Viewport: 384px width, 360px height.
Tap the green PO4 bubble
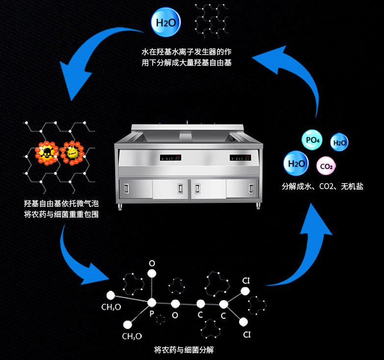click(x=313, y=140)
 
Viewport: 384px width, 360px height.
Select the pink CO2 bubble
click(x=327, y=166)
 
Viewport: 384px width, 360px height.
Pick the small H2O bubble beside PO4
click(x=339, y=143)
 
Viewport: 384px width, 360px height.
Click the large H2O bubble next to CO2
click(x=297, y=164)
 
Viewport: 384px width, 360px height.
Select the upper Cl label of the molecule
click(x=247, y=281)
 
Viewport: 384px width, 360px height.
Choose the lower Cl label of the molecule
click(x=247, y=335)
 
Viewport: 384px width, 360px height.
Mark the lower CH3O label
click(x=132, y=336)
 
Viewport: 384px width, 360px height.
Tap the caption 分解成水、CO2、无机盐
click(x=322, y=187)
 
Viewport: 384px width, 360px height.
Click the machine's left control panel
click(x=169, y=158)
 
